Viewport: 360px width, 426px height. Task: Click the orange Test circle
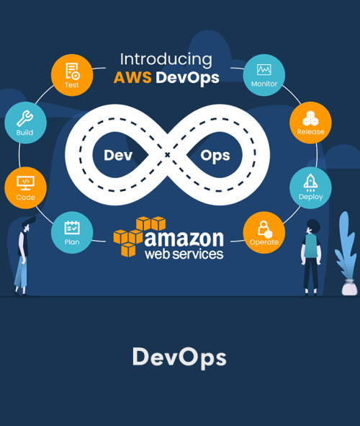[x=72, y=75]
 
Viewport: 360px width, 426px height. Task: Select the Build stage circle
[x=25, y=123]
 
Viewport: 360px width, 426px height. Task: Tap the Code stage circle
[x=25, y=187]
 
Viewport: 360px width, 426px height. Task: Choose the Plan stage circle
[x=72, y=233]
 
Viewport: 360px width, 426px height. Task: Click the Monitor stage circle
[x=264, y=75]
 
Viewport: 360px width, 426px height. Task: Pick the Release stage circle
[x=310, y=123]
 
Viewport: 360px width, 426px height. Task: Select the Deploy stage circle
[x=310, y=187]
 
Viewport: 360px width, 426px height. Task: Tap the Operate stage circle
[x=264, y=233]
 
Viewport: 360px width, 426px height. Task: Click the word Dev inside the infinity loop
[x=118, y=156]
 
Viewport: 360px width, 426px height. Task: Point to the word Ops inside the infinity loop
[x=215, y=156]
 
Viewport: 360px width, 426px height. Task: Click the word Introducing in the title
[x=166, y=60]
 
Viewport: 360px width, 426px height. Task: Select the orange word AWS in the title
[x=132, y=77]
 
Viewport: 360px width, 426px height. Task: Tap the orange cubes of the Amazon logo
[x=140, y=236]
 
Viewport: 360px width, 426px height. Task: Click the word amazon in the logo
[x=184, y=239]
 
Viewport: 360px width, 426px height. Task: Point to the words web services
[x=184, y=254]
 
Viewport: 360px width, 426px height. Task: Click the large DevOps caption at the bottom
[x=179, y=358]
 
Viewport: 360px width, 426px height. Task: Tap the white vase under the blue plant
[x=349, y=288]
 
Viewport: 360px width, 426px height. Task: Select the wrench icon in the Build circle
[x=25, y=118]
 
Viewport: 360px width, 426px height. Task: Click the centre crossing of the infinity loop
[x=167, y=155]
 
